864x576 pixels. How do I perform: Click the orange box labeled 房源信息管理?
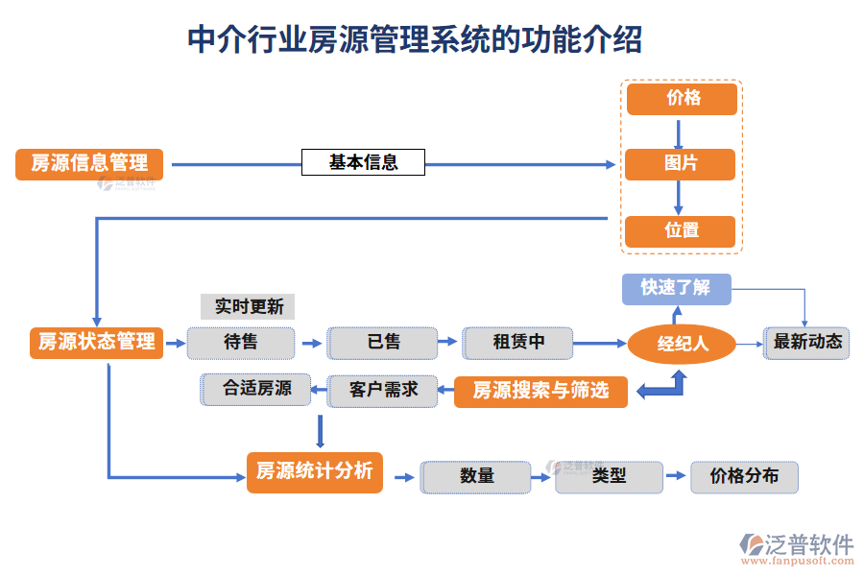89,164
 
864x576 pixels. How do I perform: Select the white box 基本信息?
363,162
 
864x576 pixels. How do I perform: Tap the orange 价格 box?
682,99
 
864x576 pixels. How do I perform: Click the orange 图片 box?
680,164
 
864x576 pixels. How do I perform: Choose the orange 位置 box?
680,231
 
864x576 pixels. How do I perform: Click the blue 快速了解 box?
676,288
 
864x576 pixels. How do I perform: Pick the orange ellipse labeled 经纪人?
682,344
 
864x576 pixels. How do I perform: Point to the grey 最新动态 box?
806,343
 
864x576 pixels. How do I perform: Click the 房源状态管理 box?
96,343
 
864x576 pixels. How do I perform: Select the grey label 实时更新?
248,307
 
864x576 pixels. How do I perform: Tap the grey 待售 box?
241,343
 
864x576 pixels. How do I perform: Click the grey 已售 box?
382,343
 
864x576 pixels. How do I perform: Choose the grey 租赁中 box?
518,343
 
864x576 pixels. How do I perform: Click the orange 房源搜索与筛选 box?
540,391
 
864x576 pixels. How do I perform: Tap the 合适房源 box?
256,390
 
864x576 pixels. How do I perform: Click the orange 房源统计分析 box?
314,472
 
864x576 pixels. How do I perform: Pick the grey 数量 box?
476,476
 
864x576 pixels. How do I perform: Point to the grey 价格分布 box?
744,476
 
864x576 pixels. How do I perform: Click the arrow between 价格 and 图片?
679,132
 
